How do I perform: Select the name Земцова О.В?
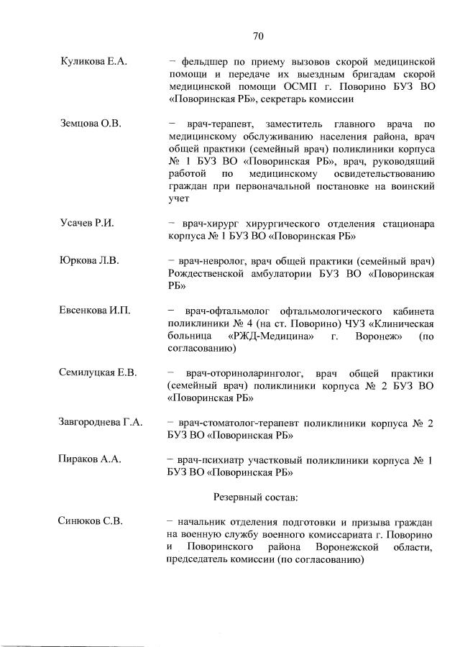tap(90, 124)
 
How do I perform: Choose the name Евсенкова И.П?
tap(94, 310)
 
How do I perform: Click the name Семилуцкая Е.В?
tap(98, 372)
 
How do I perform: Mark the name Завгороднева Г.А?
tap(100, 422)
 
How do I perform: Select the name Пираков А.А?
tap(89, 459)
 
